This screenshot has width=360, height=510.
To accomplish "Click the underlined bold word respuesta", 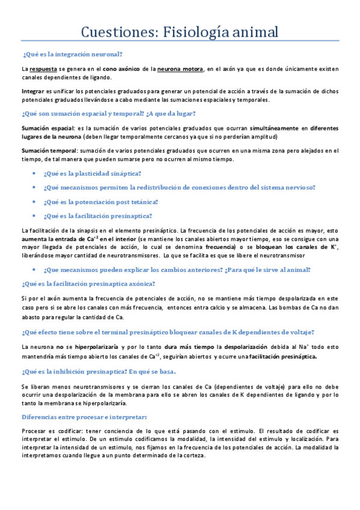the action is pos(43,69).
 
